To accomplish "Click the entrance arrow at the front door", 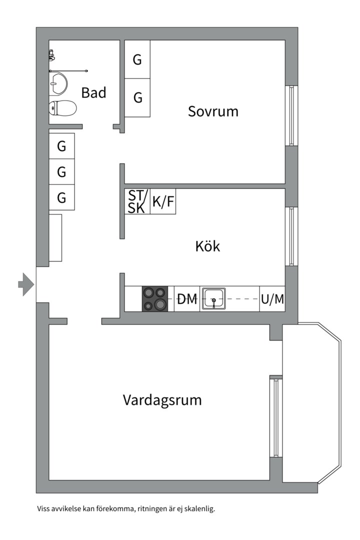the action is coord(26,284).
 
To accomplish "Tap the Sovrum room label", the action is coord(213,111).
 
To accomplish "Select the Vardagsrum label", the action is coord(162,400).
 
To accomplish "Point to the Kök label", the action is coord(207,246).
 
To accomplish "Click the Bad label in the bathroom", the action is coord(93,92).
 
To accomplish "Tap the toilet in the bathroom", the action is coord(62,108).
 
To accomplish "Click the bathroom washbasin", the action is coord(58,83).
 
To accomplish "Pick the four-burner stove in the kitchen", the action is coord(155,299).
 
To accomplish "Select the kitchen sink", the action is coord(213,298).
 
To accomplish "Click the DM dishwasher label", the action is coord(186,299).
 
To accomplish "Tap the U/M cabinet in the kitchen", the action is coord(272,299).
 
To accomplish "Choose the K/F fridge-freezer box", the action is coord(163,201).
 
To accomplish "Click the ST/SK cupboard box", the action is coord(137,201).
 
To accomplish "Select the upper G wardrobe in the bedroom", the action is coord(137,59).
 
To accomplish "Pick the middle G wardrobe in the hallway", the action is coord(61,171).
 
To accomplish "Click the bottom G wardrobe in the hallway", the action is coord(61,197).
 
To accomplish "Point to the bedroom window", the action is coord(291,115).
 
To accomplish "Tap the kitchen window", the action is coord(291,236).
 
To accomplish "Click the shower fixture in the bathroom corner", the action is coord(51,55).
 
